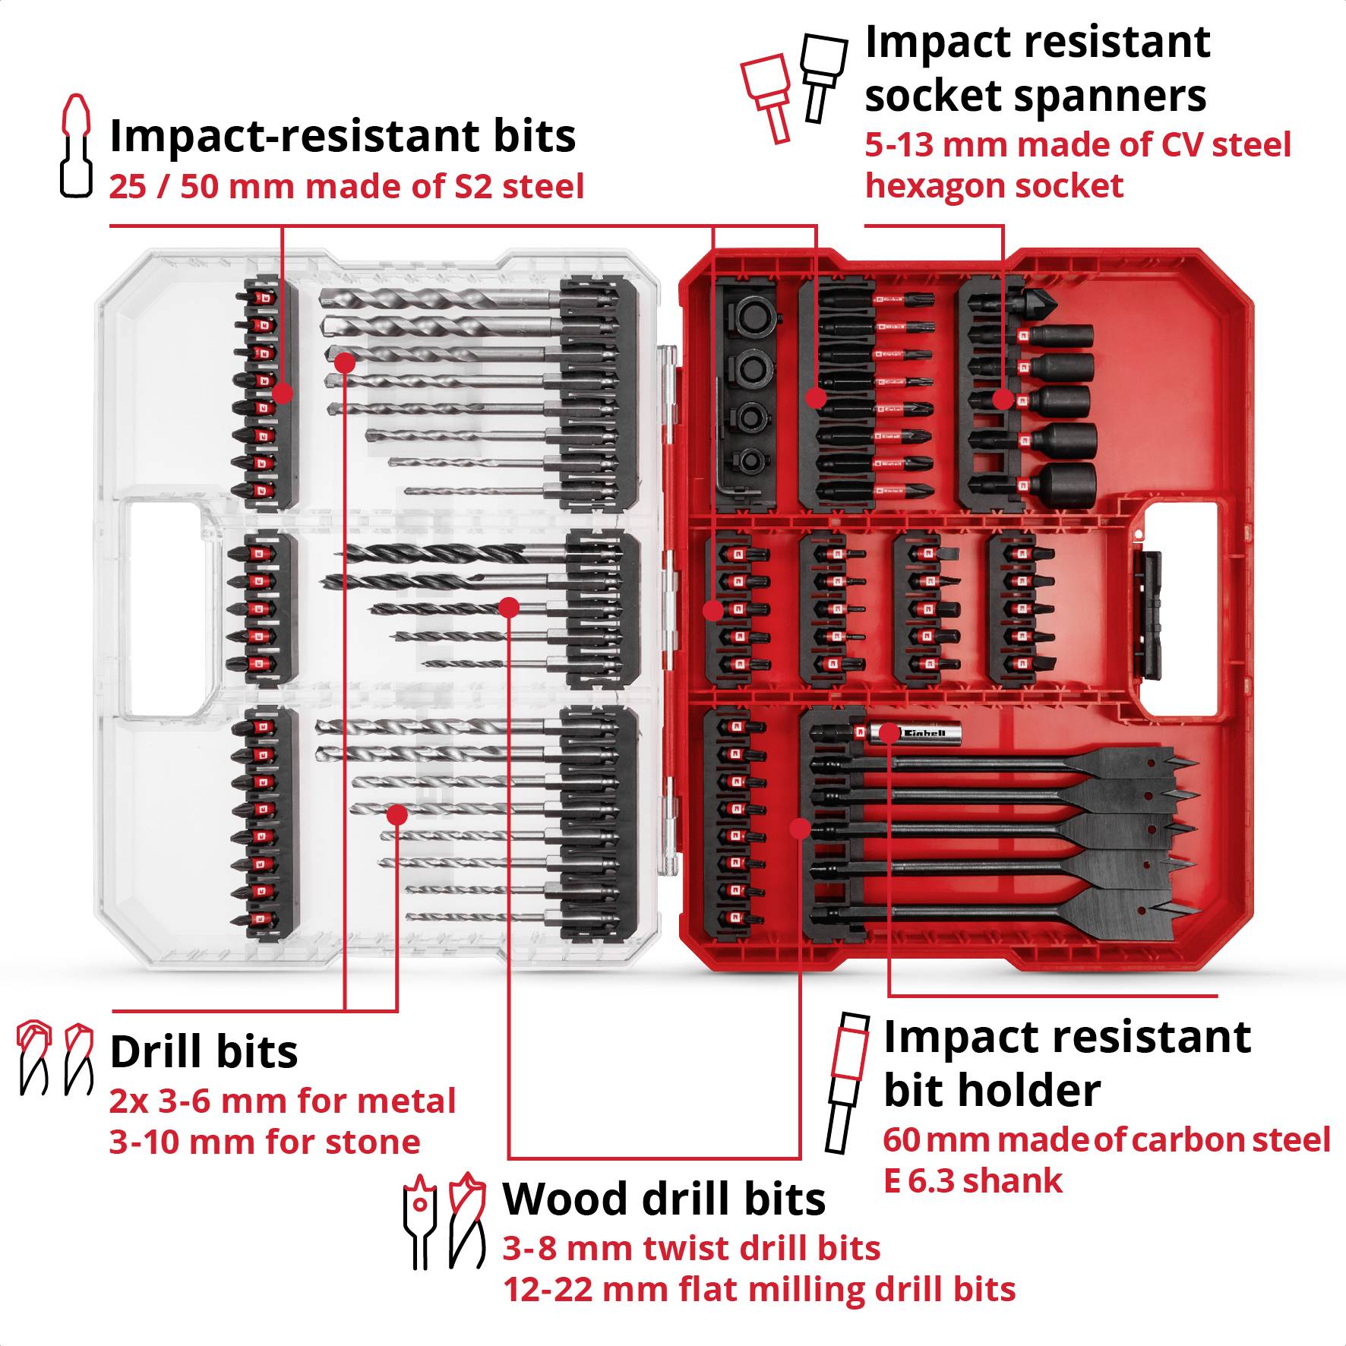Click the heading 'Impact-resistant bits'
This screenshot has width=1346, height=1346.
coord(343,137)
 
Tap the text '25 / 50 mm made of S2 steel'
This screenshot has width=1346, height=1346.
coord(346,187)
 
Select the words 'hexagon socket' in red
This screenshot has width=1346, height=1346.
coord(994,187)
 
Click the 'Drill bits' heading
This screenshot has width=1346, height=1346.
coord(204,1052)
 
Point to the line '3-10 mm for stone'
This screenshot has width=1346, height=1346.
coord(264,1142)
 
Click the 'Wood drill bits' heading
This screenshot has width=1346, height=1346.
coord(664,1199)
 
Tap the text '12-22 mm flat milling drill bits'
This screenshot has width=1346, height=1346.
coord(759,1290)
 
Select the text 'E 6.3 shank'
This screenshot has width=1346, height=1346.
coord(972,1181)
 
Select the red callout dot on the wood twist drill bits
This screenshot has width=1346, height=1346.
coord(509,607)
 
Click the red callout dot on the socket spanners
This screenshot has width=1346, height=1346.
coord(1003,400)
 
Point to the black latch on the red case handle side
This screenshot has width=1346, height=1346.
coord(1148,615)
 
